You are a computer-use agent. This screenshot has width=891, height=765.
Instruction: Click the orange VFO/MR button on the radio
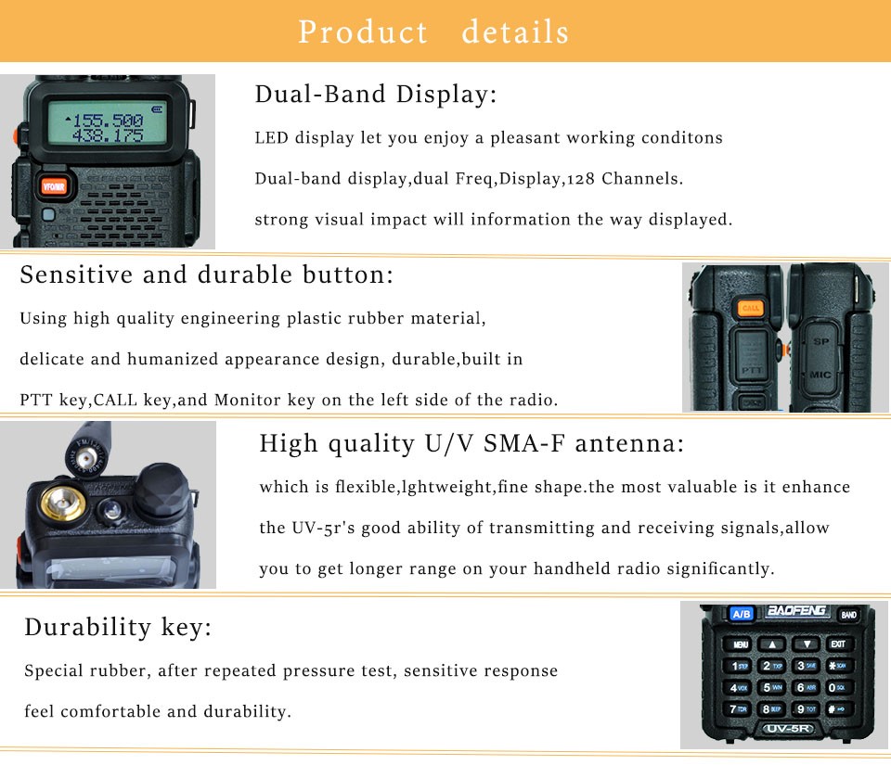(x=54, y=186)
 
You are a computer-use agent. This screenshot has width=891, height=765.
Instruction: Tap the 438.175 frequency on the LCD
(x=108, y=135)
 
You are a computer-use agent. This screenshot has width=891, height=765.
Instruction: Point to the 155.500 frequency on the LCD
(x=105, y=120)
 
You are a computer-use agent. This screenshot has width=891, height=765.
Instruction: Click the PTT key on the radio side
(x=751, y=359)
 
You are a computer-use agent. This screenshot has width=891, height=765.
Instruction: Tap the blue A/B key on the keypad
(x=741, y=614)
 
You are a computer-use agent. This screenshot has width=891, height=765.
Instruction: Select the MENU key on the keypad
(x=739, y=644)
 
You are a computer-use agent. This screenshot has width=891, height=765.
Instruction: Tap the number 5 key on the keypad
(x=771, y=687)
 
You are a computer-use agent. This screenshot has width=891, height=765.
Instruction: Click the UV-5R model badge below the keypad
(x=788, y=728)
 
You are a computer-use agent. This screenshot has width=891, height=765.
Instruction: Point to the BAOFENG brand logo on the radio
(x=796, y=611)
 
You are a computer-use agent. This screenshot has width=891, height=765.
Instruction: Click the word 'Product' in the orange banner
(x=363, y=32)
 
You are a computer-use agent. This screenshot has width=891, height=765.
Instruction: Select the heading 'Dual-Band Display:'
(x=376, y=95)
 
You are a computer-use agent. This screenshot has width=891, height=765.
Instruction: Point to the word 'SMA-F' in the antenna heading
(x=523, y=443)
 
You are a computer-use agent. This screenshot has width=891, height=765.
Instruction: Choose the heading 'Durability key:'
(x=118, y=628)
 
